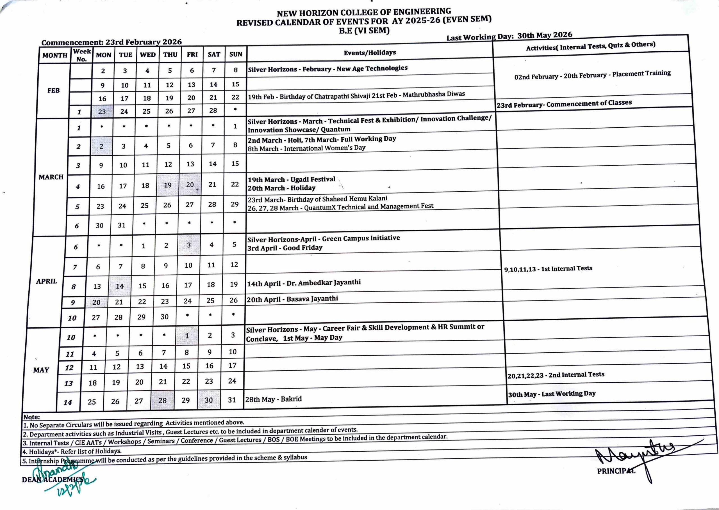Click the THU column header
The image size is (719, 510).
[x=170, y=55]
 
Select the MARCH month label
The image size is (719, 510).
[x=51, y=177]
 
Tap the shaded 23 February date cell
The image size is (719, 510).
[x=102, y=111]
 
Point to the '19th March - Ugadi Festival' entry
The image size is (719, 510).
[x=291, y=180]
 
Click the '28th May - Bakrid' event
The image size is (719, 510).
[x=273, y=399]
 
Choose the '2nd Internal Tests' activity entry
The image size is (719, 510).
[x=556, y=375]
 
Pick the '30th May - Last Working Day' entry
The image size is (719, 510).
[x=551, y=394]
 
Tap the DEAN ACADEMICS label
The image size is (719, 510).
[x=53, y=479]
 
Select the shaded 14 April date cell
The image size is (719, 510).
[x=119, y=286]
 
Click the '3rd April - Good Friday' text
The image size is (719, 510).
[x=285, y=248]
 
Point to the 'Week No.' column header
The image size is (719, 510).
[x=81, y=55]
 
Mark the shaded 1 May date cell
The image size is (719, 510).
[x=187, y=336]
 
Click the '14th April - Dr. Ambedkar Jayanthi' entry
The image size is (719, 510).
[x=304, y=283]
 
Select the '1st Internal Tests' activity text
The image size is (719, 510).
[x=548, y=269]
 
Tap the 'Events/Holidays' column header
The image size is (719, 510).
[x=370, y=53]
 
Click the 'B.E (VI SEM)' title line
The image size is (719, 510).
[x=364, y=31]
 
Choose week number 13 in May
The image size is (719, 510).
[x=69, y=383]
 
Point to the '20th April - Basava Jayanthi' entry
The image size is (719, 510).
[x=292, y=299]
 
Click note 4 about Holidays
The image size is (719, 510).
[x=72, y=452]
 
